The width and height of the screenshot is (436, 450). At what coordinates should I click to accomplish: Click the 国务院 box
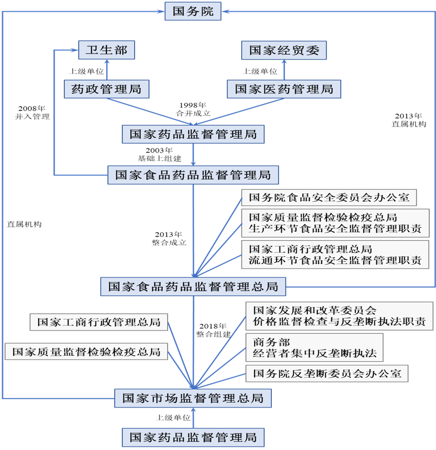pyautogui.click(x=193, y=11)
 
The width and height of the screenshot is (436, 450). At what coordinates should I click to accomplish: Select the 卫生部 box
pyautogui.click(x=107, y=51)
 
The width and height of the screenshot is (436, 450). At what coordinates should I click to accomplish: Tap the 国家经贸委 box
pyautogui.click(x=284, y=51)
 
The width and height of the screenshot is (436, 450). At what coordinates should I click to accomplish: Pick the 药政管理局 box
pyautogui.click(x=106, y=89)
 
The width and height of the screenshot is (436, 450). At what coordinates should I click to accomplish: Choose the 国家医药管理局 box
pyautogui.click(x=284, y=89)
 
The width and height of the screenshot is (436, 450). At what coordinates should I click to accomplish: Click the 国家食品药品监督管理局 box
pyautogui.click(x=193, y=174)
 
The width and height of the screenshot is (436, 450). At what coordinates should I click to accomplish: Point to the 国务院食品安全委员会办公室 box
pyautogui.click(x=329, y=198)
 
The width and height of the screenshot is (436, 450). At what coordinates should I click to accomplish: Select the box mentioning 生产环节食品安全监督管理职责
pyautogui.click(x=335, y=224)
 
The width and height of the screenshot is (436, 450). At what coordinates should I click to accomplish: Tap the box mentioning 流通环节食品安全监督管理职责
pyautogui.click(x=335, y=255)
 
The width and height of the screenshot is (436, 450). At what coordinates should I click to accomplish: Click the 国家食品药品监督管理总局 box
pyautogui.click(x=193, y=286)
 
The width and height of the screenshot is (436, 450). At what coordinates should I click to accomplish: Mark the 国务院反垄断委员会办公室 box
pyautogui.click(x=327, y=373)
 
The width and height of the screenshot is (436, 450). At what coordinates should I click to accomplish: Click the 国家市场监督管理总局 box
pyautogui.click(x=193, y=397)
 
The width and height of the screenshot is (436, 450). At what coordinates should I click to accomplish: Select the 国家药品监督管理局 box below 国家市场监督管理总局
pyautogui.click(x=193, y=437)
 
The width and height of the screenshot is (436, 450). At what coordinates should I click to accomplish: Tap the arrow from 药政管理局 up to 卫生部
pyautogui.click(x=107, y=70)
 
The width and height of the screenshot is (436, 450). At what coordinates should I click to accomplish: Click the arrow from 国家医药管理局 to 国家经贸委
pyautogui.click(x=284, y=70)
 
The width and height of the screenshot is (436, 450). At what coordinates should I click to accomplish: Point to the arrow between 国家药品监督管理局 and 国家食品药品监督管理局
pyautogui.click(x=193, y=155)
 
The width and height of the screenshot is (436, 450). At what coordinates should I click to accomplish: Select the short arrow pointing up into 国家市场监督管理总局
pyautogui.click(x=193, y=418)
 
